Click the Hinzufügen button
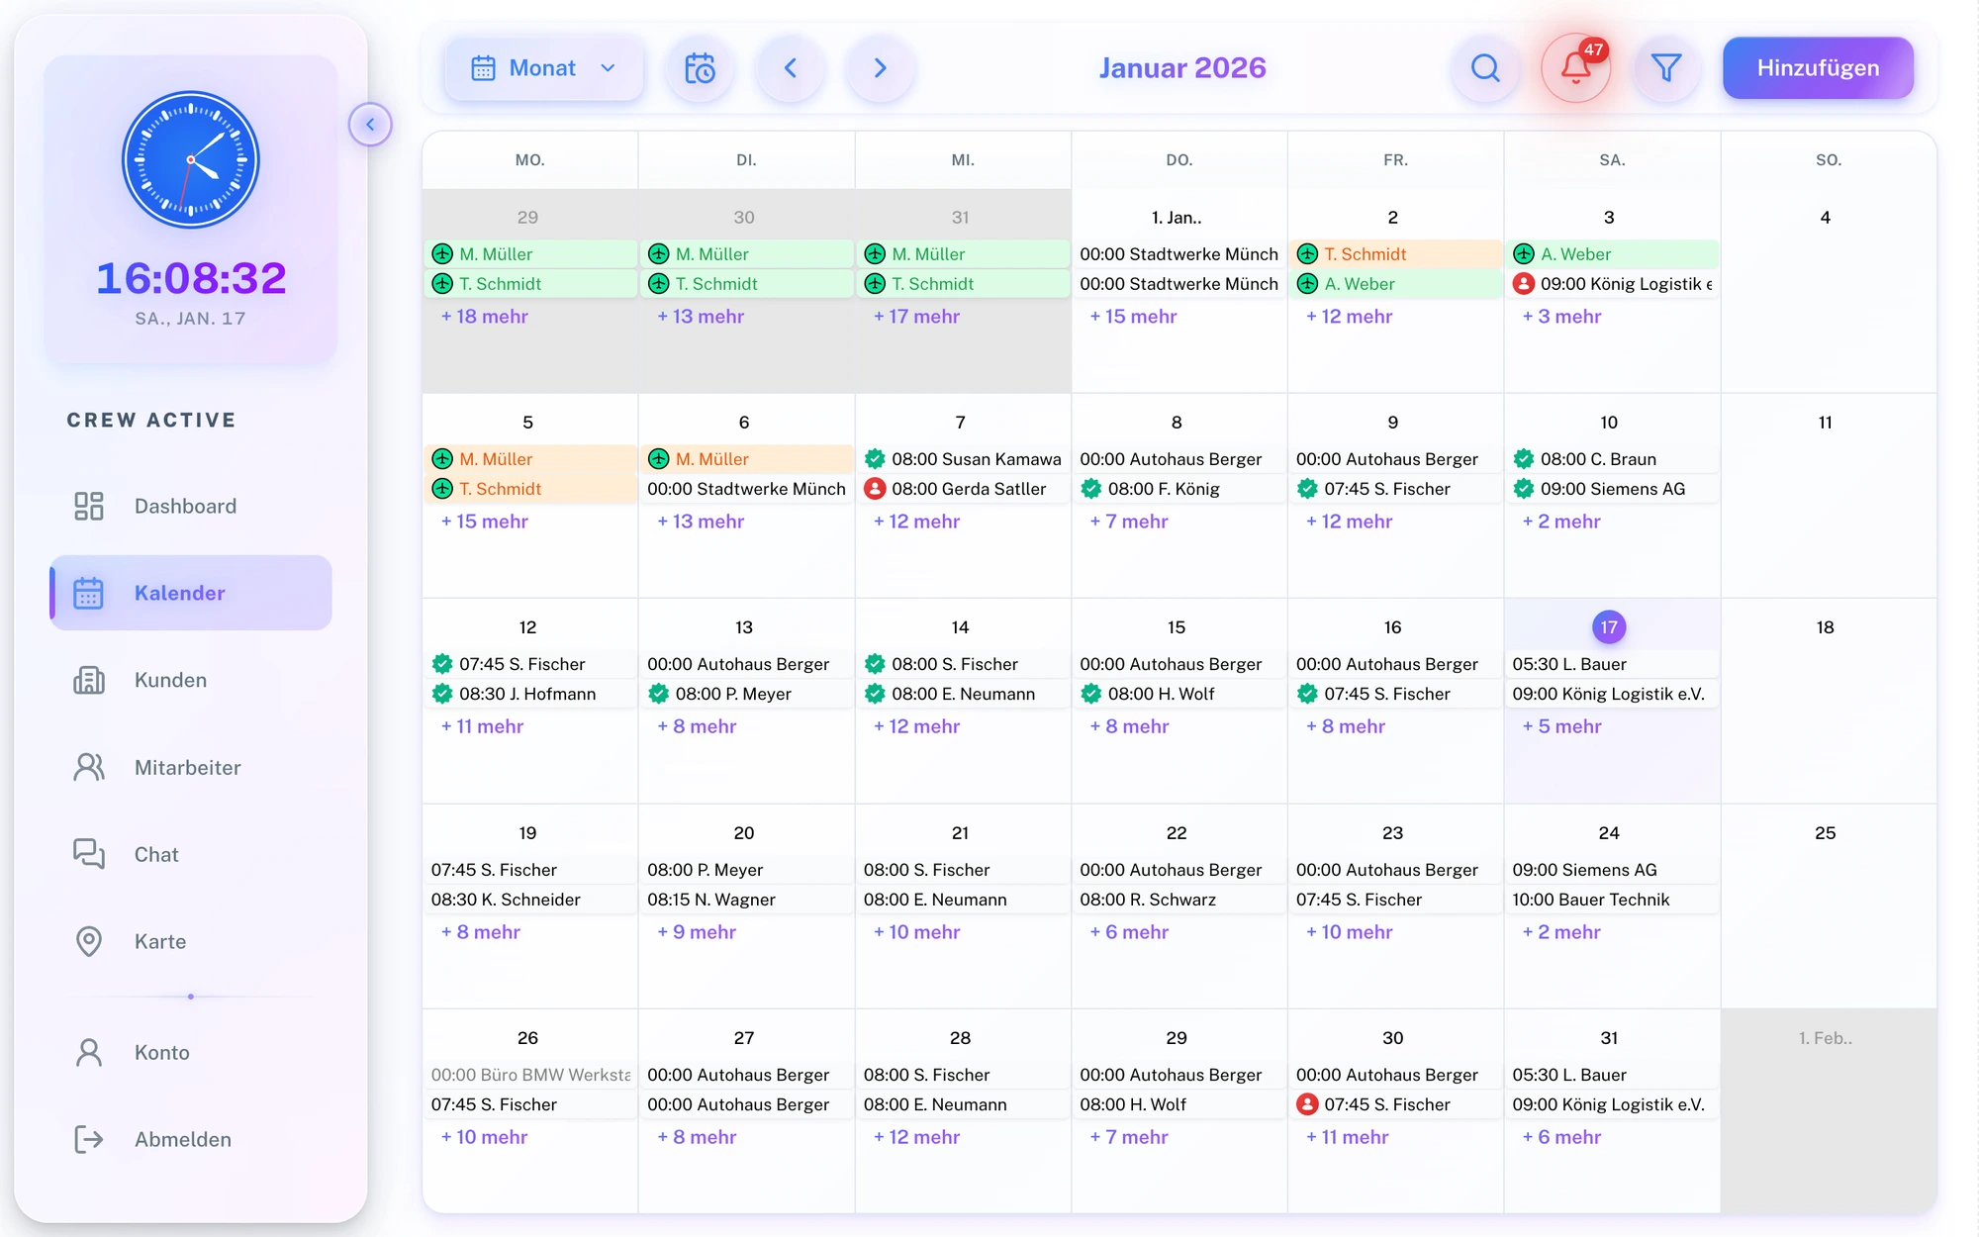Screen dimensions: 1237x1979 pos(1817,68)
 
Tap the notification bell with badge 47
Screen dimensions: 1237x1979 pos(1575,68)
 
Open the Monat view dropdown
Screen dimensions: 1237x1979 pos(543,68)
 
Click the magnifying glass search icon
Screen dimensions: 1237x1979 pos(1485,68)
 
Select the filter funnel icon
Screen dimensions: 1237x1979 pos(1666,68)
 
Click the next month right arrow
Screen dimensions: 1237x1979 pos(880,68)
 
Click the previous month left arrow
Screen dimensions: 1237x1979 pos(790,68)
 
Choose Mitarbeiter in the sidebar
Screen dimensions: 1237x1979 pos(187,767)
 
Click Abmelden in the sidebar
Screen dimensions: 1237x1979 pos(182,1139)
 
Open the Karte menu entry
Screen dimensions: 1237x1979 pos(159,941)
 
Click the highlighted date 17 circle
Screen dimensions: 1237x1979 pos(1609,626)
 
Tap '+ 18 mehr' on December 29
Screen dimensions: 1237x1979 pos(485,317)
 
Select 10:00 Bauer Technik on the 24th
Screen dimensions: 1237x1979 pos(1590,900)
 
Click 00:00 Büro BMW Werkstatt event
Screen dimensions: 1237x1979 pos(530,1075)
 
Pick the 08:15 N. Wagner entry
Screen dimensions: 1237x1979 pos(711,900)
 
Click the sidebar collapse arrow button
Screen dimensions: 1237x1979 pos(370,125)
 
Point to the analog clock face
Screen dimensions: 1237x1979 pos(191,159)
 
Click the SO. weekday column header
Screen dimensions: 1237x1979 pos(1828,160)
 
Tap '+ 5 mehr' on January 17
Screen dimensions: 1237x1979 pos(1562,726)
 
